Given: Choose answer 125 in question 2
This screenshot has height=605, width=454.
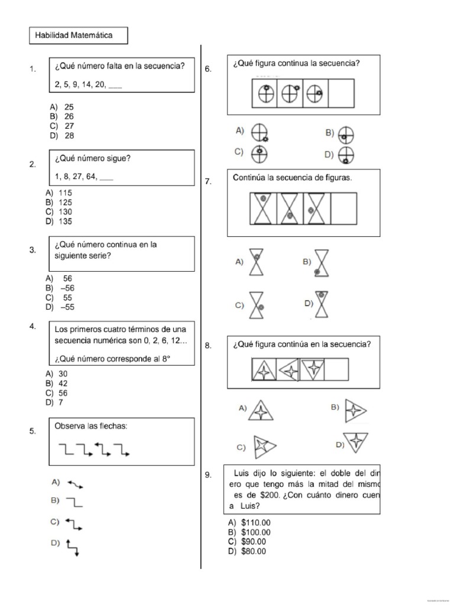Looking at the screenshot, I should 66,202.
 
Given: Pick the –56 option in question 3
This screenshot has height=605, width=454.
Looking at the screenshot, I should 67,288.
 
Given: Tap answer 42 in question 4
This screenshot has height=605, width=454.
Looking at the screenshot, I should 63,383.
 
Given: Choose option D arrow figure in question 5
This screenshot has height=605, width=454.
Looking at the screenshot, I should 73,547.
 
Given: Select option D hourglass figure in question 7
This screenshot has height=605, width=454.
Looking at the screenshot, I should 322,303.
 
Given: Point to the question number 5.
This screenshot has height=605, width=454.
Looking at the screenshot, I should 33,431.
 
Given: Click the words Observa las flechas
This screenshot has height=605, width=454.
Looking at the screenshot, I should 90,426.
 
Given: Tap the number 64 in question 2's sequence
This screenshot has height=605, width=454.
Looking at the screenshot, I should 92,177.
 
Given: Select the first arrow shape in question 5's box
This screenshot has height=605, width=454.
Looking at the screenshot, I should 66,450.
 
